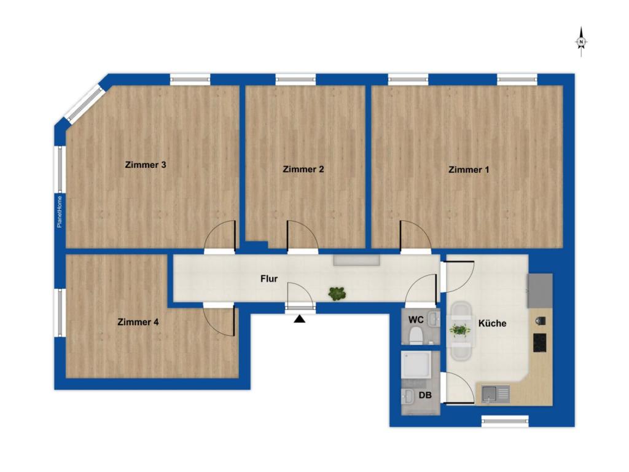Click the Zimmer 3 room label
pos(145,165)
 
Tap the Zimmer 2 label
pos(303,169)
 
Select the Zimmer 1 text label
pos(469,170)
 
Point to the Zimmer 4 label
pos(138,322)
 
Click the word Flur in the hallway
pos(269,278)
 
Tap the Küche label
pos(492,323)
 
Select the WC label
pos(416,320)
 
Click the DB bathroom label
pos(425,395)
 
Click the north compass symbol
pos(581,42)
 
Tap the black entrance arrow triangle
pos(300,319)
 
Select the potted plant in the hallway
pos(337,294)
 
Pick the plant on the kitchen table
pos(460,330)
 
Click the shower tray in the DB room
pos(416,365)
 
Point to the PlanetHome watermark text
pos(60,211)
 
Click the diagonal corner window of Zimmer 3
pos(84,103)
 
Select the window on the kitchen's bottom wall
pos(505,420)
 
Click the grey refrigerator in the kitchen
pos(540,291)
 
